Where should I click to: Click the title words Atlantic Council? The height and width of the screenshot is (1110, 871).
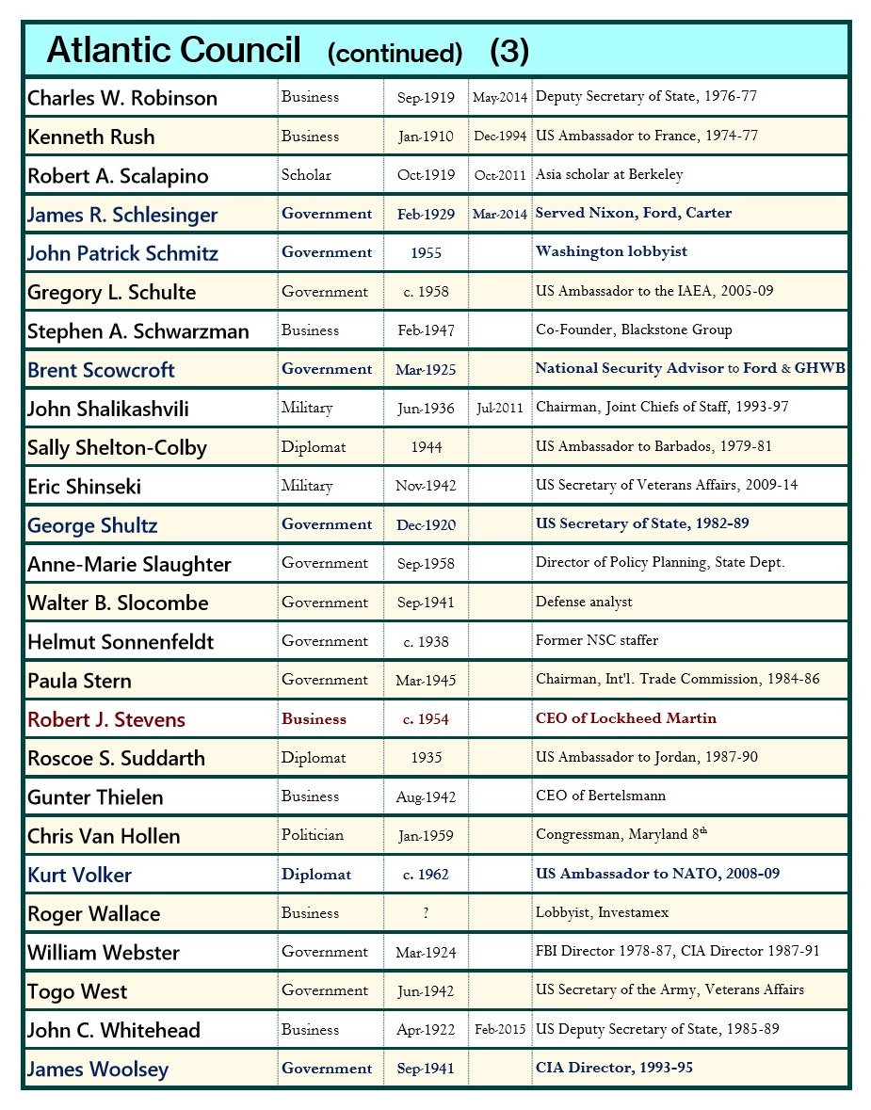coord(173,50)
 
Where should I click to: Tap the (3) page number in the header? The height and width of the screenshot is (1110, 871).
coord(510,52)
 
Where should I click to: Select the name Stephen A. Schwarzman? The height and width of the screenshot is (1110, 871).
coord(138,331)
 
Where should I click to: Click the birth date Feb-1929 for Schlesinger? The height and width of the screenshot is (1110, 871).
coord(426,215)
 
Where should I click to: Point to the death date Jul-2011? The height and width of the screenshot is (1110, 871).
coord(500,409)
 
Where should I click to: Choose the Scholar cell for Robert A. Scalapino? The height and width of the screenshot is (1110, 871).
coord(306,175)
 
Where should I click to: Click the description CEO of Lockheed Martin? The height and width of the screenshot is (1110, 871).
coord(626,718)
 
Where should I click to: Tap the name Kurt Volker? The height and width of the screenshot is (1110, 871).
coord(79,875)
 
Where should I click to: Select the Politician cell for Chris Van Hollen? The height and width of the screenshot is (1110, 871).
coord(313,835)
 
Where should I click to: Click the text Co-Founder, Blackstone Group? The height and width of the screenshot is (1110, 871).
coord(634,330)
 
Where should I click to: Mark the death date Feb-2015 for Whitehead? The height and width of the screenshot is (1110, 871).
coord(500,1030)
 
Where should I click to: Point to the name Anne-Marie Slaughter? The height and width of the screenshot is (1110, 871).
coord(129,565)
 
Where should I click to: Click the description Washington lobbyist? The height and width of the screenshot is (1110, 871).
coord(611,252)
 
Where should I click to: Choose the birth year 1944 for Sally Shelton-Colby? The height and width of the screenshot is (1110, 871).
coord(426,448)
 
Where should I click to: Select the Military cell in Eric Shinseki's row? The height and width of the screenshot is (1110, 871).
coord(307,486)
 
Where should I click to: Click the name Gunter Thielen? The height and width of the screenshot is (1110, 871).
coord(95,797)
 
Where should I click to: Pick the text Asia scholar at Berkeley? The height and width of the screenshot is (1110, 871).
coord(609,175)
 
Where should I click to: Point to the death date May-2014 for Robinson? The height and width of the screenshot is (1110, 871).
coord(500,98)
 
